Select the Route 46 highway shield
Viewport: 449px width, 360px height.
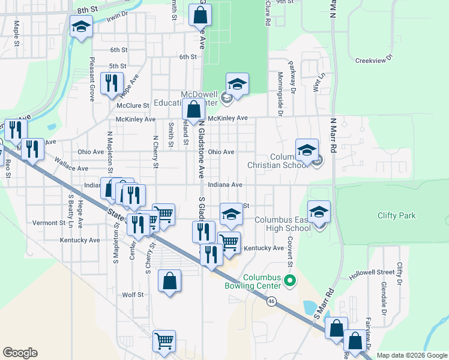click(x=272, y=302)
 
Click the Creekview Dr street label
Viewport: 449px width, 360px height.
click(x=373, y=60)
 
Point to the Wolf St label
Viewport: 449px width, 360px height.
click(x=133, y=295)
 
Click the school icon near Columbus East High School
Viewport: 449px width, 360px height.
click(x=319, y=212)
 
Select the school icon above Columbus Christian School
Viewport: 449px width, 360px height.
click(x=307, y=150)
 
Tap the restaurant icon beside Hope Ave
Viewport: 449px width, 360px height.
click(x=111, y=83)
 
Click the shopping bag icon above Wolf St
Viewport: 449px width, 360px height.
click(x=169, y=281)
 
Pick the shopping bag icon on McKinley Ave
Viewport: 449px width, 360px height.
click(x=193, y=110)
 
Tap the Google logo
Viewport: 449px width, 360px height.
click(x=20, y=352)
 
